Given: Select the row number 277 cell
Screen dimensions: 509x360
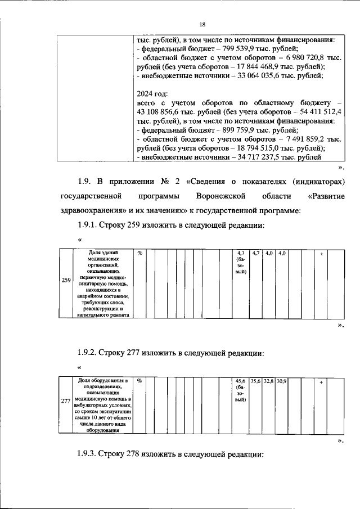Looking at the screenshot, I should (65, 400).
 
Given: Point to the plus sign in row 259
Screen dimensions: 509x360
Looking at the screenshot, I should (321, 254).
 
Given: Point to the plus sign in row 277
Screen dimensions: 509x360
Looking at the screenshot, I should (321, 381).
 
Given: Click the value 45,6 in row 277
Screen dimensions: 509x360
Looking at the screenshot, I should (240, 381).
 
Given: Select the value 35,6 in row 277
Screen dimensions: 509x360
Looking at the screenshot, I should (256, 381).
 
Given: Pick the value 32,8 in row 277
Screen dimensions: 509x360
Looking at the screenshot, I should (269, 381).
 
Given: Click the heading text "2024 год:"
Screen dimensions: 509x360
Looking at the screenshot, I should (153, 94).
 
